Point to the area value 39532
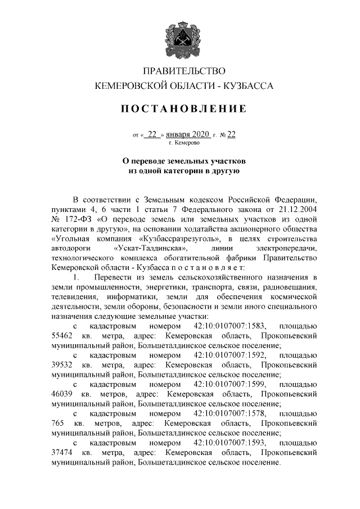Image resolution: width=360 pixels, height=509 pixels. point(62,364)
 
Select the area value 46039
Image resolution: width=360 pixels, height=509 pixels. point(62,394)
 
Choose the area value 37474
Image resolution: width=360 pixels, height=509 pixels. point(62,452)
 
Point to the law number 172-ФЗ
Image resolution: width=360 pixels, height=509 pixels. point(79,219)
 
